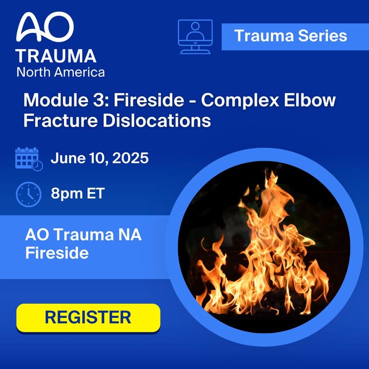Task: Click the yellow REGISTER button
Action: [x=88, y=318]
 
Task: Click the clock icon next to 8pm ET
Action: [x=29, y=194]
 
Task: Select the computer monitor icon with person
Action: [x=195, y=36]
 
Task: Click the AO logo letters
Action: [x=45, y=27]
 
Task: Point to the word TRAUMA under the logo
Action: [x=56, y=56]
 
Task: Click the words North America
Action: [x=60, y=72]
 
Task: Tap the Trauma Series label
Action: [x=291, y=36]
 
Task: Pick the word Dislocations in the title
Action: [x=157, y=120]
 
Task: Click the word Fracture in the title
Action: [x=60, y=120]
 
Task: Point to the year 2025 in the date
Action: [x=130, y=158]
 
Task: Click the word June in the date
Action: [x=68, y=158]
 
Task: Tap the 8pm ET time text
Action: [x=78, y=193]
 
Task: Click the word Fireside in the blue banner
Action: [x=57, y=253]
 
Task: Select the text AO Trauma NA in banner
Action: [x=84, y=235]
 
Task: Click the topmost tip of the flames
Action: [x=266, y=169]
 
